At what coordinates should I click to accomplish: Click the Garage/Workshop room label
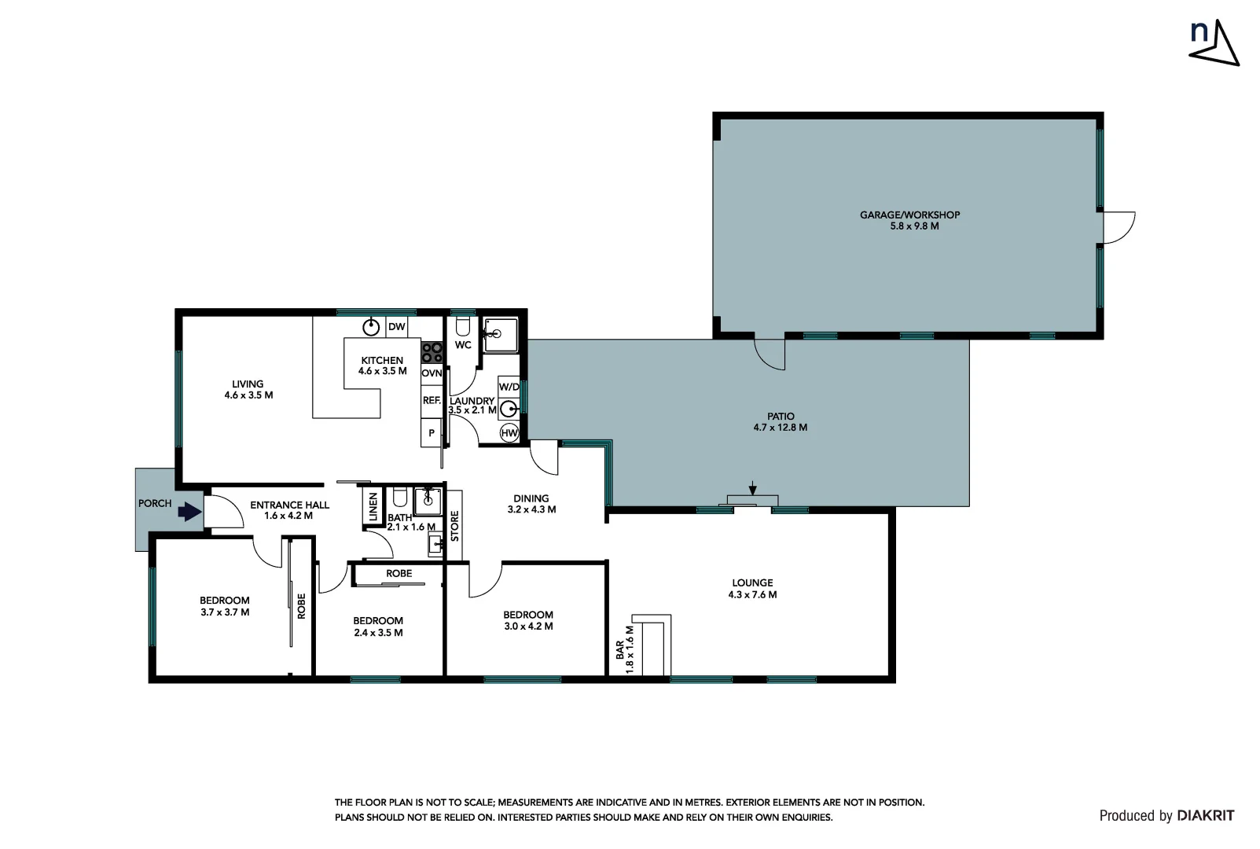pos(909,220)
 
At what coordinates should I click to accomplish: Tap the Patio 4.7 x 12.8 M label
pos(781,422)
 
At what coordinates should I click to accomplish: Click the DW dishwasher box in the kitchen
pos(397,327)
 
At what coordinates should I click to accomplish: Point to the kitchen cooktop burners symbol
pos(432,351)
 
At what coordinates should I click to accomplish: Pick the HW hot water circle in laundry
pos(509,433)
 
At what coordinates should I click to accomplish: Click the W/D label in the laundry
pos(509,387)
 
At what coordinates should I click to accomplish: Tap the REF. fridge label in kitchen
pos(432,401)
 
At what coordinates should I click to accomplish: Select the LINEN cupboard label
pos(373,507)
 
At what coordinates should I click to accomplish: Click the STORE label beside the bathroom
pos(454,526)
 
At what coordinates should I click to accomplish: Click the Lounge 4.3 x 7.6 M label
pos(752,589)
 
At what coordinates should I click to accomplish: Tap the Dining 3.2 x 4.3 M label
pos(531,504)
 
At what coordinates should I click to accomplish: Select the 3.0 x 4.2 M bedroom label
pos(528,620)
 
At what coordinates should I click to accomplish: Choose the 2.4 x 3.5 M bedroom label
pos(378,627)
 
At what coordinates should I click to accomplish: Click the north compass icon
pos(1213,42)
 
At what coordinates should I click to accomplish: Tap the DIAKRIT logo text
pos(1206,816)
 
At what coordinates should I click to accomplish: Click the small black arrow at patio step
pos(753,488)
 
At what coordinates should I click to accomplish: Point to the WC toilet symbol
pos(462,326)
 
